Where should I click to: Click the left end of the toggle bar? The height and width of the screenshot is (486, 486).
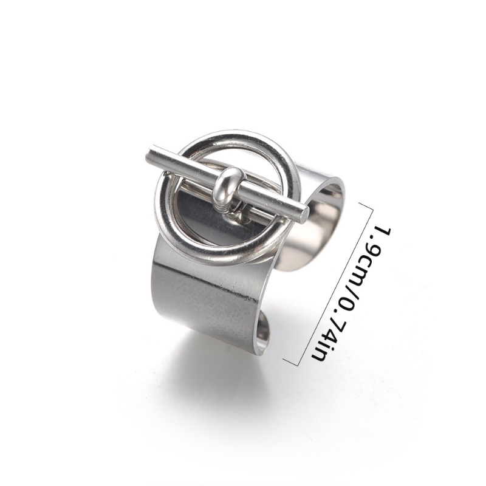pos(149,155)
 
